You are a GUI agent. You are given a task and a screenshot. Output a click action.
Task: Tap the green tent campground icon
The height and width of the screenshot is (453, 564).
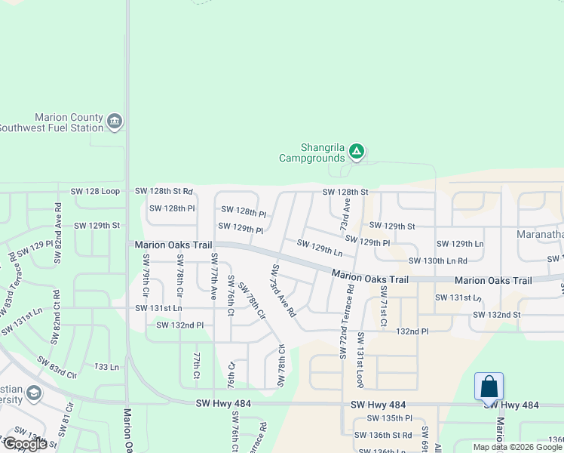pos(357,153)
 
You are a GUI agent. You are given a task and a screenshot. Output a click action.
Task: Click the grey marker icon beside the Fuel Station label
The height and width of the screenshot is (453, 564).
pos(115,122)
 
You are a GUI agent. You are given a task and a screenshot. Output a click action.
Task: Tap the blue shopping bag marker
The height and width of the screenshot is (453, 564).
pos(489,387)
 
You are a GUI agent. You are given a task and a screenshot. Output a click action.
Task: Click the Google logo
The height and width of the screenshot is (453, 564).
pos(25,444)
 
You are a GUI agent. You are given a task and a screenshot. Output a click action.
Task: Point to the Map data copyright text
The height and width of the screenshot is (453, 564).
pos(518,447)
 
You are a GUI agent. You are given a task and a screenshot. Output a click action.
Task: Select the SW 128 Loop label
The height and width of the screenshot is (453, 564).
pos(96,193)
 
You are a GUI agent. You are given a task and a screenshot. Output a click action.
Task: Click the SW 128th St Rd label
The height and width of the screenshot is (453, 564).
pos(164,193)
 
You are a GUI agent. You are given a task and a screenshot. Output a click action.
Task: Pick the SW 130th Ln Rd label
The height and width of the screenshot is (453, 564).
pos(438,260)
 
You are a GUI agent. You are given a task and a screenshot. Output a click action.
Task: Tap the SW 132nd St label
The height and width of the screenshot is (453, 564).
pos(496,314)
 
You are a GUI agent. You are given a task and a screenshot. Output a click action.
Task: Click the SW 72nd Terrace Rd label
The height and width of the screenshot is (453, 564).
pos(348,321)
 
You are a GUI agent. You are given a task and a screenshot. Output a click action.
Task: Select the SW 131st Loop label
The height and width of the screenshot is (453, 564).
pos(361,359)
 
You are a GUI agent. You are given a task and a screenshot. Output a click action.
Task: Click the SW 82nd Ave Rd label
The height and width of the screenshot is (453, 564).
pos(57,233)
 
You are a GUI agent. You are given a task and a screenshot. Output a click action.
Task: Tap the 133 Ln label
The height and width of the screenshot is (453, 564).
pos(106,367)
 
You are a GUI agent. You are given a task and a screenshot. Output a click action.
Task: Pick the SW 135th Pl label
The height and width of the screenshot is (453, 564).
pos(389,418)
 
